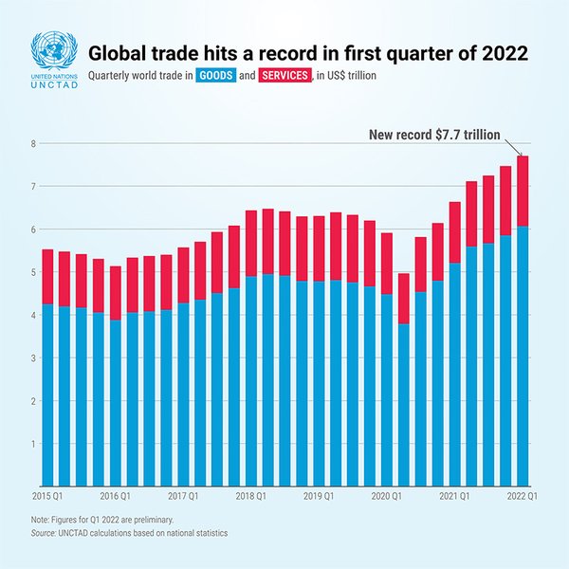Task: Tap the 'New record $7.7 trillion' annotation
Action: click(x=434, y=136)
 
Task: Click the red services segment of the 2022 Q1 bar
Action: click(x=522, y=191)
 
